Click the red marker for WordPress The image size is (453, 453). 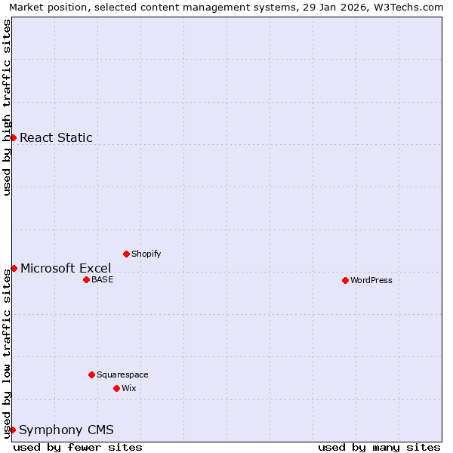[345, 280]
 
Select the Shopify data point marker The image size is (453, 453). [126, 254]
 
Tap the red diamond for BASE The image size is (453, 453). [86, 279]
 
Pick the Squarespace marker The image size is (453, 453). [91, 374]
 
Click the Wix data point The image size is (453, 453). [116, 388]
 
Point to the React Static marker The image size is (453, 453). [13, 137]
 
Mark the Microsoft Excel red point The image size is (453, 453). [14, 268]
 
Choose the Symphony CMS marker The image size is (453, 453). [12, 430]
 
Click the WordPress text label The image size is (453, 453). [371, 280]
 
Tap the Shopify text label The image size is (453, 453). [146, 254]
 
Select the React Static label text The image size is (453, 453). [56, 137]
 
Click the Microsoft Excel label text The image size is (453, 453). [66, 268]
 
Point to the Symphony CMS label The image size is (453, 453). [66, 430]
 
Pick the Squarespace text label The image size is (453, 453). [122, 374]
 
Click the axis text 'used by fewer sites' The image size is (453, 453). [78, 447]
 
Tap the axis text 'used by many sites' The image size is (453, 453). [379, 447]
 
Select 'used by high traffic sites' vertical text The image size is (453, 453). [7, 107]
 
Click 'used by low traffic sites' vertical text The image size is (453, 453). [7, 353]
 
